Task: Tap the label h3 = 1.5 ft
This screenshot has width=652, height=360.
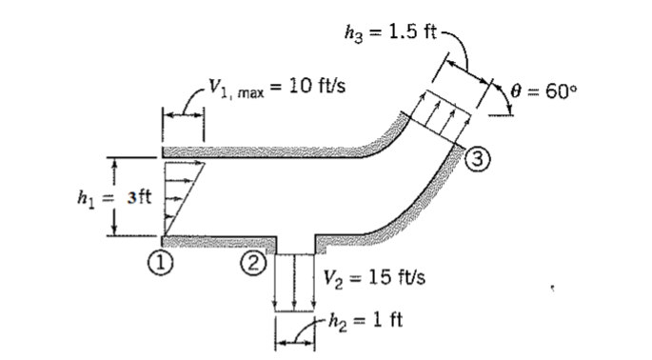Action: coord(389,32)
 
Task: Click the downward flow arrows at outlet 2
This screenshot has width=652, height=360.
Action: coord(295,281)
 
